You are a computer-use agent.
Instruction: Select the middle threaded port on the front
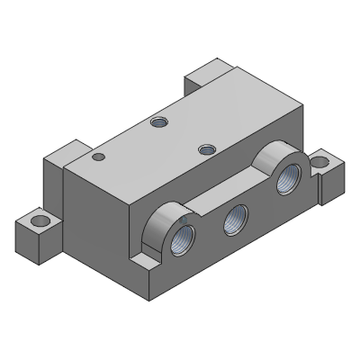[x=237, y=216]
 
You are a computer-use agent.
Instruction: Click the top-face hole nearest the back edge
[x=159, y=121]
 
